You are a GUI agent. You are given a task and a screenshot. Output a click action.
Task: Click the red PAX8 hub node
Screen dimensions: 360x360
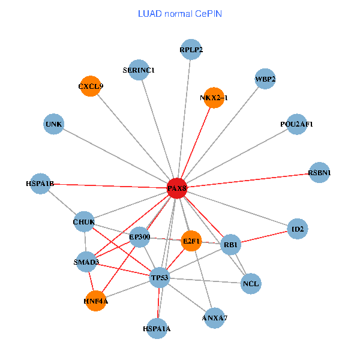click(x=176, y=188)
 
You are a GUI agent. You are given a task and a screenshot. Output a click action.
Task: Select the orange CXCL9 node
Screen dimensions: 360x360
click(x=90, y=86)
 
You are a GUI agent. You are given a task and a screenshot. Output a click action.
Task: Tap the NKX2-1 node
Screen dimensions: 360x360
click(x=214, y=97)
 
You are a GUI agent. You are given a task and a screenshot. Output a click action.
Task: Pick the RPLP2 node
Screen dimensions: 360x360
click(x=191, y=50)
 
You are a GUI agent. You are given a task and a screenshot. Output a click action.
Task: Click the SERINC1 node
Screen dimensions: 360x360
click(x=139, y=70)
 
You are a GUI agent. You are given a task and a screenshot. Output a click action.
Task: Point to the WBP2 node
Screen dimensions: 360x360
click(x=265, y=79)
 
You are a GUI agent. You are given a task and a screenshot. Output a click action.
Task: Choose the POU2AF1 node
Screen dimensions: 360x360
click(x=296, y=124)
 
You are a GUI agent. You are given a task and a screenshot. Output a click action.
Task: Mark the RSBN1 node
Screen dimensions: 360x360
click(x=319, y=173)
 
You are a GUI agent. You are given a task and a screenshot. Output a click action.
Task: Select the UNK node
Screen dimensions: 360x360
click(x=54, y=124)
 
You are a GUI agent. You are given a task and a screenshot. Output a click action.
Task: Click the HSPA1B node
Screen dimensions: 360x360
click(x=40, y=184)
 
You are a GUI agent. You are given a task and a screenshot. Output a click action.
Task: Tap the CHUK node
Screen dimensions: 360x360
click(x=84, y=222)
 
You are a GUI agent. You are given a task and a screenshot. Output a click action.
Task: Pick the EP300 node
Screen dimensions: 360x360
click(x=139, y=237)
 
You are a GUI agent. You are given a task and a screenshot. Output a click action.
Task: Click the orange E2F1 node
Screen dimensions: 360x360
click(x=191, y=241)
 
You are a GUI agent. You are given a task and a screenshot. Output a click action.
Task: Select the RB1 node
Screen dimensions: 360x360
click(x=231, y=245)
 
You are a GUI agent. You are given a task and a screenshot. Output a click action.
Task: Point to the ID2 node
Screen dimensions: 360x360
click(x=298, y=229)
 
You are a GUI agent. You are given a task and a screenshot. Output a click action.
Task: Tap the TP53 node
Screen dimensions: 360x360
click(x=160, y=277)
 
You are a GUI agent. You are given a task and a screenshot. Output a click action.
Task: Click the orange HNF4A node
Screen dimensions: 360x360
click(x=96, y=301)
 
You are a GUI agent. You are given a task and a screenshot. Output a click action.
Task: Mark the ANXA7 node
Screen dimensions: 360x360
click(x=215, y=317)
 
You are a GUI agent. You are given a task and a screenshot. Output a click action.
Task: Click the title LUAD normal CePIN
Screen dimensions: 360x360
click(x=179, y=13)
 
